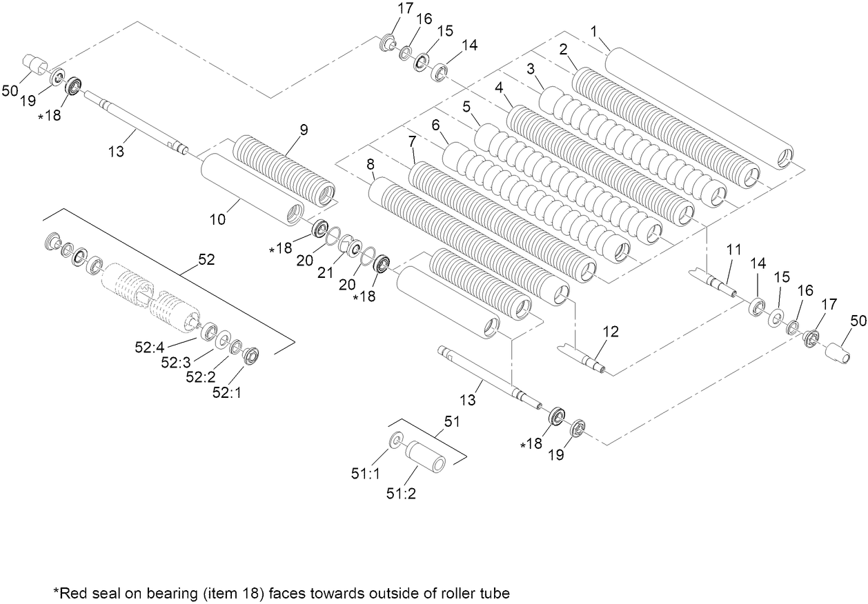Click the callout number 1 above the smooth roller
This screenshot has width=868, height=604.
coord(593,31)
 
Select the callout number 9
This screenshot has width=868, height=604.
coord(304,129)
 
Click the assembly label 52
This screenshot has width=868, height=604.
coord(206,260)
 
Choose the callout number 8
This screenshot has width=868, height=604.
coord(370,165)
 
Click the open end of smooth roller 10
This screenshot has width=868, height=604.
coord(295,213)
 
